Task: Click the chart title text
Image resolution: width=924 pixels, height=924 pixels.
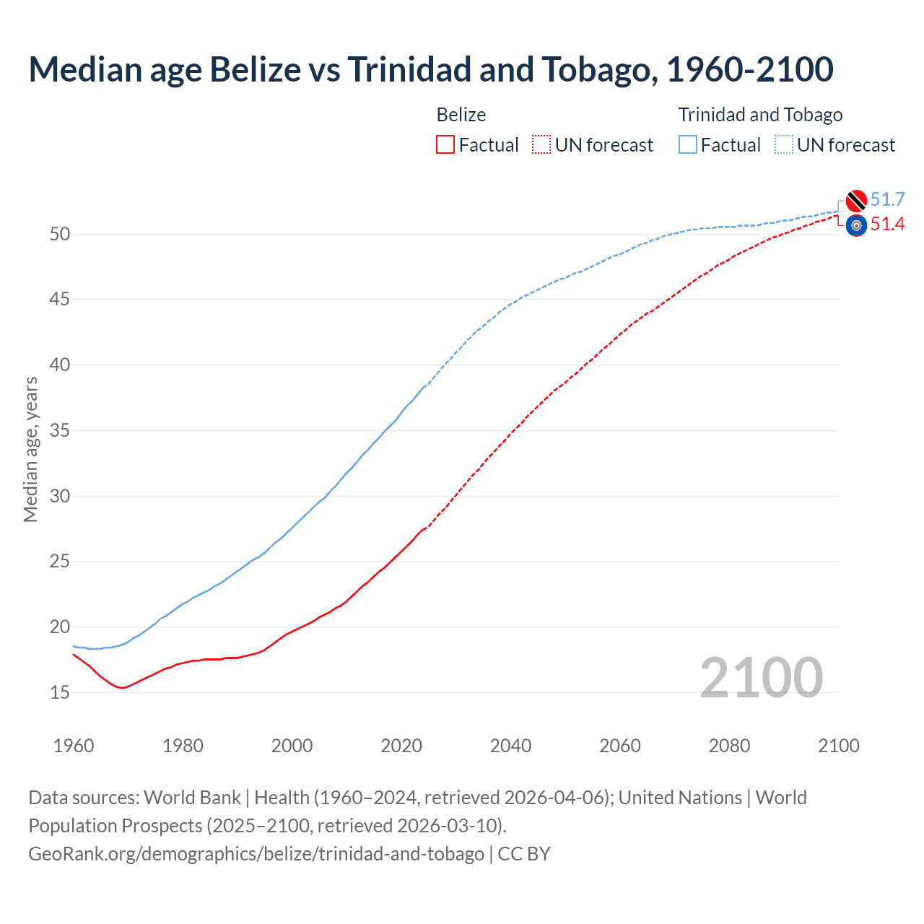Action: tap(431, 69)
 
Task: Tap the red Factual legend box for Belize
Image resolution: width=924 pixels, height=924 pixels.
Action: tap(445, 144)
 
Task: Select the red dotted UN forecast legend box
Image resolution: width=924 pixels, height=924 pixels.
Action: tap(541, 144)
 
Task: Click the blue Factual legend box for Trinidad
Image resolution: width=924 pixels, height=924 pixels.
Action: tap(688, 144)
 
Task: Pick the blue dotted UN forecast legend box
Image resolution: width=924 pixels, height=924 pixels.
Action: tap(784, 144)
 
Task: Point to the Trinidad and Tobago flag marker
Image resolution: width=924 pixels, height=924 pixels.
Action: tap(856, 200)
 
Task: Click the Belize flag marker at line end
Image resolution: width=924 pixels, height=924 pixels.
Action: tap(856, 225)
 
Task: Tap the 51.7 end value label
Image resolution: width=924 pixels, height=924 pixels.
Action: tap(887, 199)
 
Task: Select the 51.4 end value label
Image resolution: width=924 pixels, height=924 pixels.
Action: tap(887, 225)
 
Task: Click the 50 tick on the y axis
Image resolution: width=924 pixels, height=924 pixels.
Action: tap(60, 234)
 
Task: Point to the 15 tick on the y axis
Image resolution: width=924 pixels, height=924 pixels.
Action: tap(60, 692)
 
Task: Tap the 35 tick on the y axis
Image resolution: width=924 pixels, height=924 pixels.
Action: tap(60, 430)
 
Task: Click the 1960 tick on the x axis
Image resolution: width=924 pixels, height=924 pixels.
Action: tap(74, 746)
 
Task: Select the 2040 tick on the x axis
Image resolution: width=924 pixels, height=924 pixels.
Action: tap(510, 746)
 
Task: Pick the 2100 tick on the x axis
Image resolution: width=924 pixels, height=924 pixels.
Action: tap(839, 746)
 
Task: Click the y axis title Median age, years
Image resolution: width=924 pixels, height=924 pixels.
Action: tap(30, 449)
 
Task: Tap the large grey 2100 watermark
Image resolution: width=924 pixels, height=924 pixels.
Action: tap(761, 677)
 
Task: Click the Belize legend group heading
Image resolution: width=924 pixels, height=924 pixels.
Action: tap(461, 115)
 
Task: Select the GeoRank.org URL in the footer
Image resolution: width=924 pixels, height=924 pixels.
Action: tap(256, 853)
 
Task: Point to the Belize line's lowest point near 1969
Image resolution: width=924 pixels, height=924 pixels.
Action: tap(122, 688)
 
